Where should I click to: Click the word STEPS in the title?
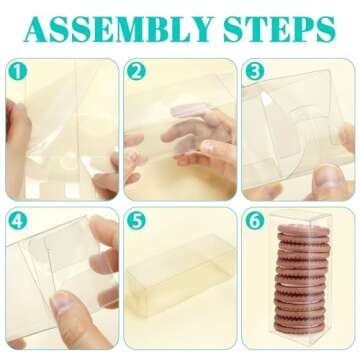click(279, 29)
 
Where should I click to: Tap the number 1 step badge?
click(17, 71)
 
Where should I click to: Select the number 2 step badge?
click(136, 71)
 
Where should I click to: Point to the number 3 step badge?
click(255, 71)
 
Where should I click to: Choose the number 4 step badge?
click(17, 221)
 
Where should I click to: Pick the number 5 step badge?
click(136, 221)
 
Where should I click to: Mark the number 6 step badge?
click(255, 221)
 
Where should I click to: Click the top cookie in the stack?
click(303, 230)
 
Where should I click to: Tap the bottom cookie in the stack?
click(299, 327)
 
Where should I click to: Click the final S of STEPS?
click(324, 29)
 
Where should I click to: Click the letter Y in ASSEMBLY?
click(200, 29)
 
